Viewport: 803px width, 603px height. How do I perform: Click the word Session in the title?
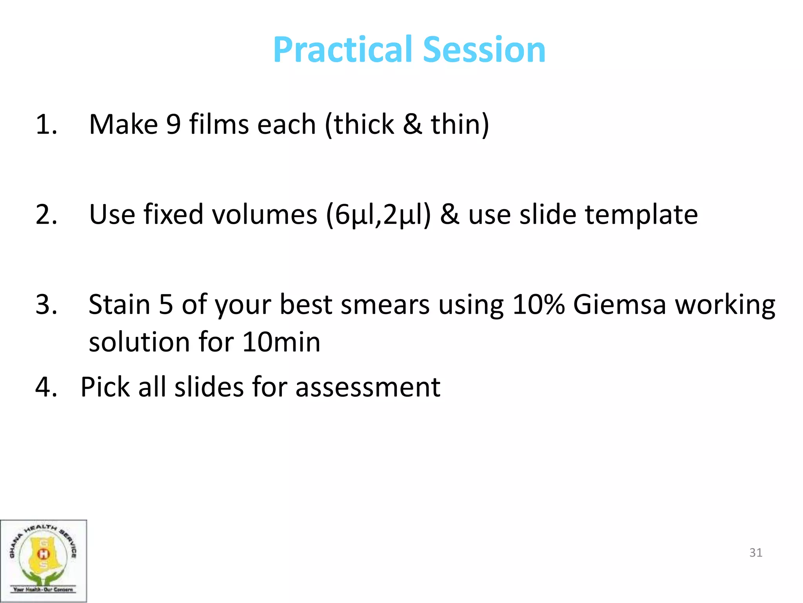point(484,50)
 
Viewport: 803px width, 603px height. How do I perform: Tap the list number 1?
point(46,125)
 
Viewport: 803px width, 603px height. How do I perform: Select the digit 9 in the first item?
point(173,125)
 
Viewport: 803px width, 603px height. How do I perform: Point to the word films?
point(219,125)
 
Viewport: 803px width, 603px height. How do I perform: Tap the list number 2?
point(46,215)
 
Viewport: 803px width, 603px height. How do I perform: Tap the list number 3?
point(46,305)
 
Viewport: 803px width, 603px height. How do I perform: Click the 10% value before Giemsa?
point(538,305)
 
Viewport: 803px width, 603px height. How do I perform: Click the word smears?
point(385,305)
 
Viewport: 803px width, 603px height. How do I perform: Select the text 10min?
point(281,342)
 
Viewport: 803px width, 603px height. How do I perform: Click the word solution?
point(139,342)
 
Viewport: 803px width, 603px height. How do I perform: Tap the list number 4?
point(46,387)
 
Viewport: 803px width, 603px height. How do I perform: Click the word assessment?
point(367,387)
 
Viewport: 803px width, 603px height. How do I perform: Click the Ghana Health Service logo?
point(43,560)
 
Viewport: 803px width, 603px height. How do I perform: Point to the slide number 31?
point(756,553)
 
